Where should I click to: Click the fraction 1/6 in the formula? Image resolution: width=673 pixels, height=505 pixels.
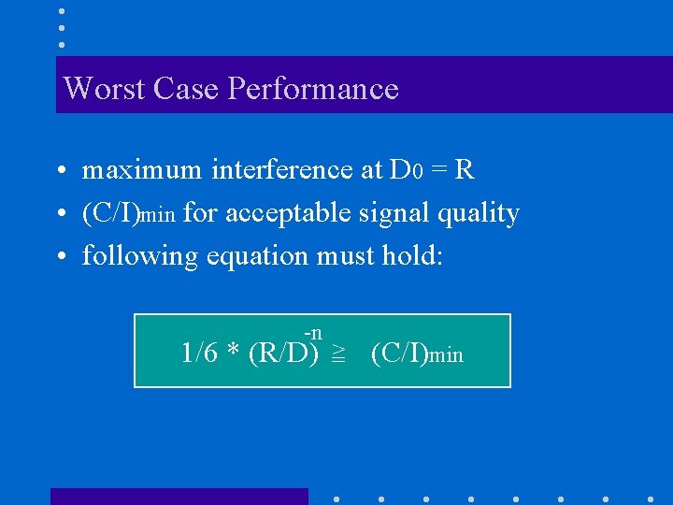pos(200,353)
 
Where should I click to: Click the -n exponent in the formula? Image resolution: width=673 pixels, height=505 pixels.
pos(313,333)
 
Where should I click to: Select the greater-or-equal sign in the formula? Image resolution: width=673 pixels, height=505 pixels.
pos(337,354)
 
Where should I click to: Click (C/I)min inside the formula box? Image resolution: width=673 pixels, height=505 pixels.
pos(417,354)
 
